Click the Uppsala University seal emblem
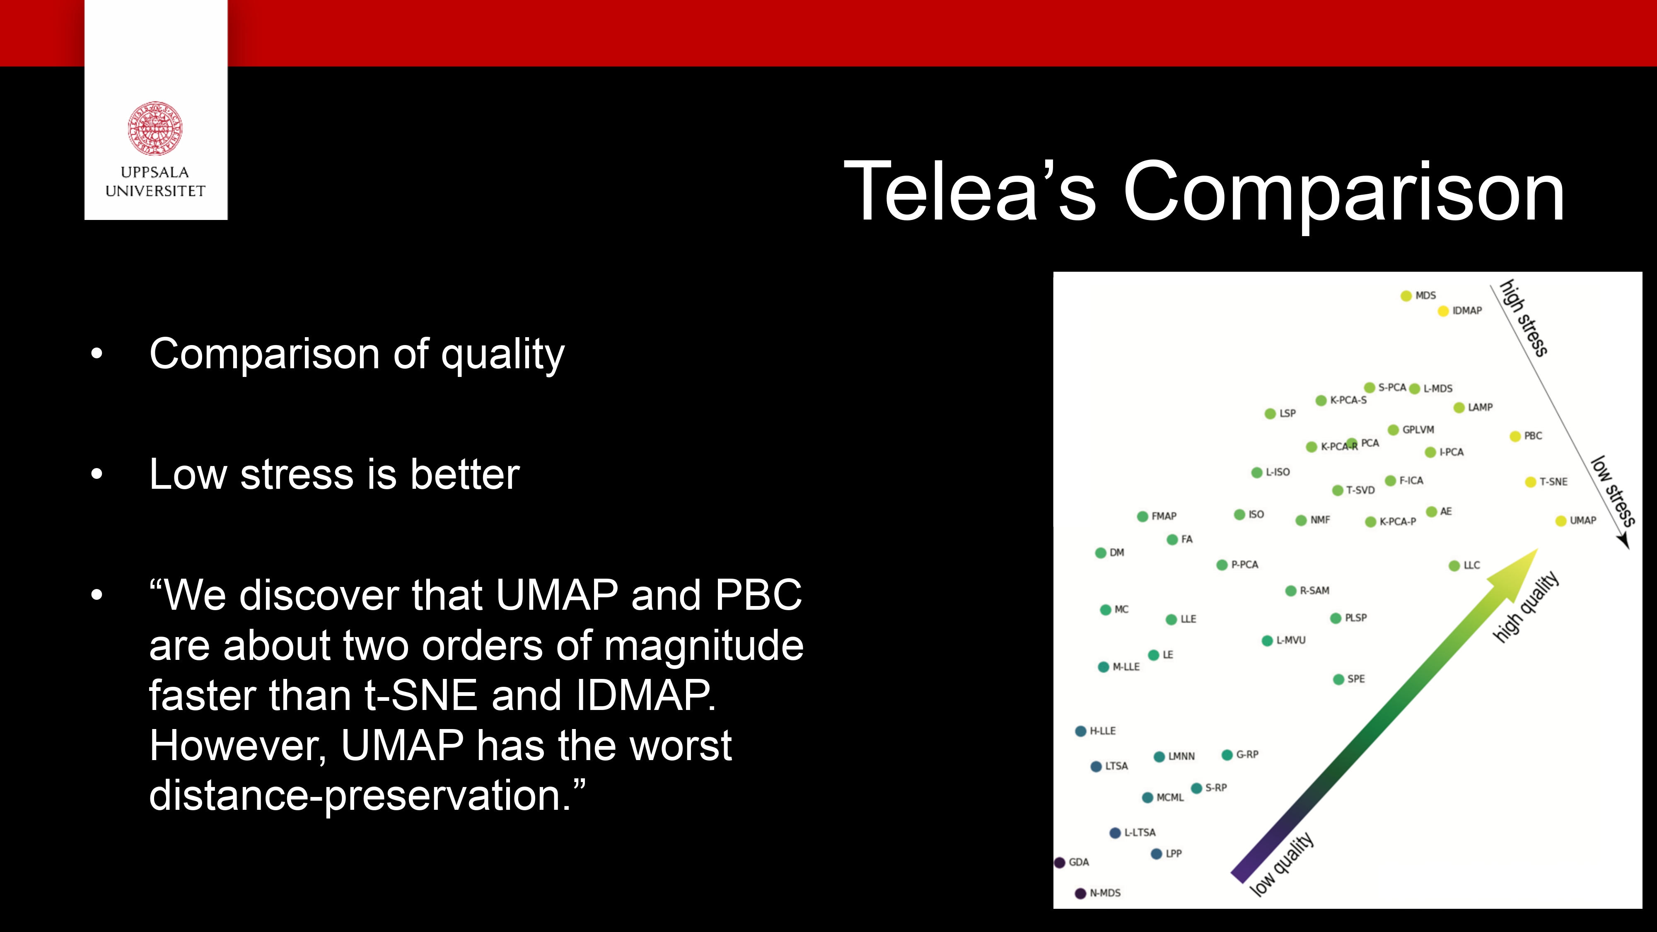click(155, 128)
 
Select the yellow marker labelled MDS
click(1406, 296)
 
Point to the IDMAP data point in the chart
click(1443, 311)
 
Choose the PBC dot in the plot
click(1515, 437)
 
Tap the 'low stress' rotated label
click(1613, 491)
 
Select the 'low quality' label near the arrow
click(1281, 864)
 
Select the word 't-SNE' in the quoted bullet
click(421, 695)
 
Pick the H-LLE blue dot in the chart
click(1081, 732)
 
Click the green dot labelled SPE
click(1338, 680)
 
